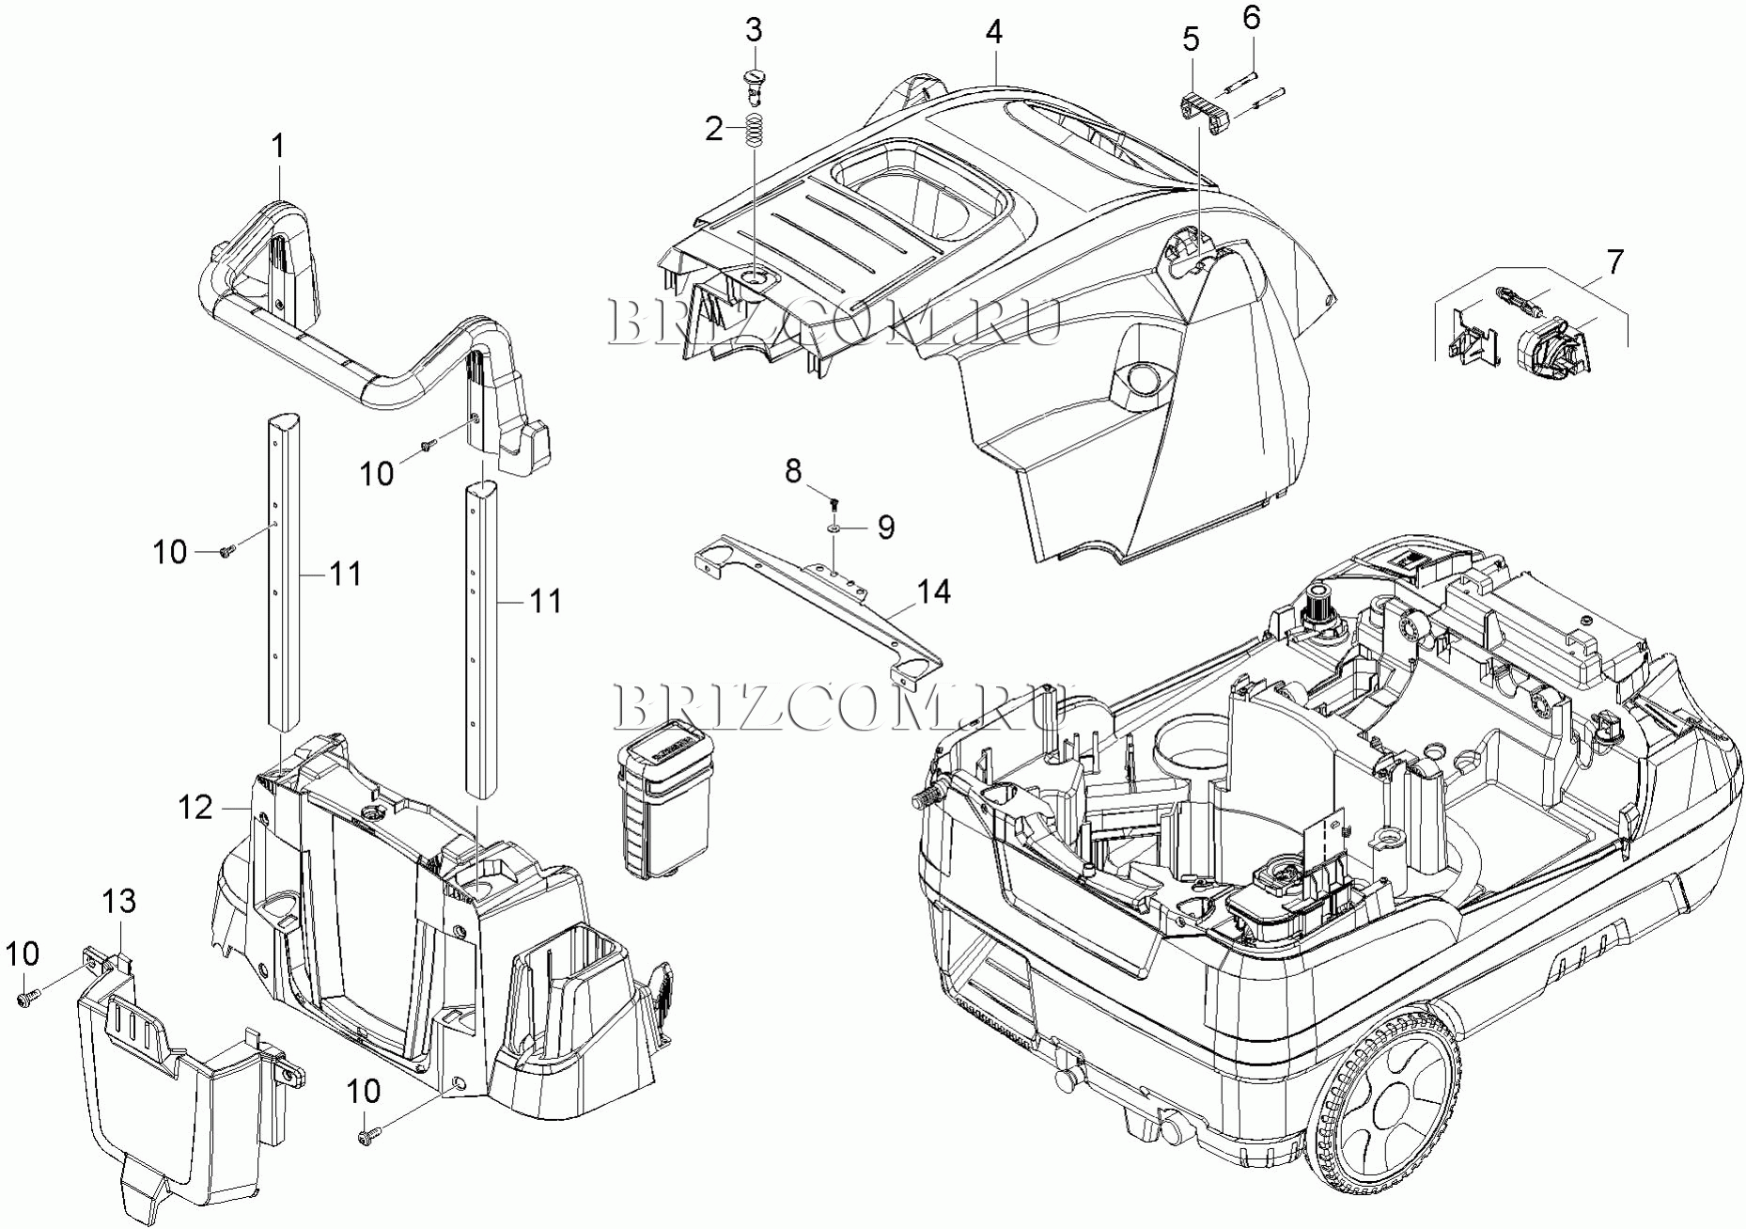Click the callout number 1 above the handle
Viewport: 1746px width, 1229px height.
(x=277, y=148)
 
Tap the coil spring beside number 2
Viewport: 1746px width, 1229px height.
(x=753, y=130)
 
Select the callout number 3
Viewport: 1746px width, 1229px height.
(x=754, y=30)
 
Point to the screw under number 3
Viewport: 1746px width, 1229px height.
(x=754, y=84)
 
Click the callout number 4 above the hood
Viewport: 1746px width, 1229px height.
(x=994, y=32)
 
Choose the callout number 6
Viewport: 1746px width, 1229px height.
(x=1251, y=18)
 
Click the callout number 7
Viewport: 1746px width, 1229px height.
(x=1614, y=262)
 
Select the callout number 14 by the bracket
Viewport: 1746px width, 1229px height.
(x=933, y=591)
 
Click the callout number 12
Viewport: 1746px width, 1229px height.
(x=196, y=807)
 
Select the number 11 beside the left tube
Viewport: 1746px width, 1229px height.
(x=345, y=573)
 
